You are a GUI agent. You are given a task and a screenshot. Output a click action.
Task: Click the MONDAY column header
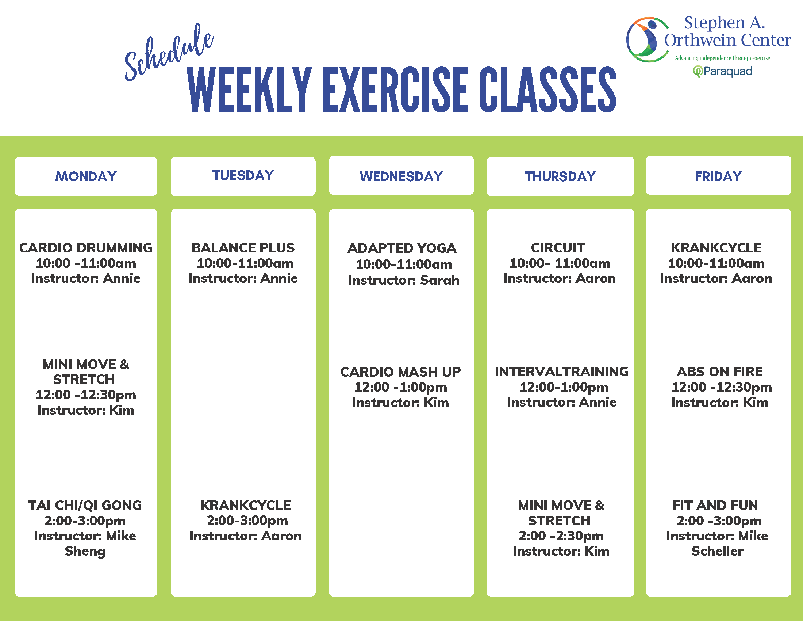pyautogui.click(x=86, y=176)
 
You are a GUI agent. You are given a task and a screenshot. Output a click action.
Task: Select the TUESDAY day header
pyautogui.click(x=243, y=175)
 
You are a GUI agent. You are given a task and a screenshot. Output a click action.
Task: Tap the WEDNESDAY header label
pyautogui.click(x=401, y=176)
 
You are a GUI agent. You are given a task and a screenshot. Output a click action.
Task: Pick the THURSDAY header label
pyautogui.click(x=560, y=176)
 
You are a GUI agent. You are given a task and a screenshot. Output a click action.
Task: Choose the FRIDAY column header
pyautogui.click(x=718, y=176)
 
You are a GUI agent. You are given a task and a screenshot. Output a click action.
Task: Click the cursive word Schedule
pyautogui.click(x=169, y=53)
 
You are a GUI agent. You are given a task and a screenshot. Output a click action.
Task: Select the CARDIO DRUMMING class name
pyautogui.click(x=86, y=248)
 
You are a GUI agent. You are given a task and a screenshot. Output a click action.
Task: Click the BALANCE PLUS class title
pyautogui.click(x=243, y=248)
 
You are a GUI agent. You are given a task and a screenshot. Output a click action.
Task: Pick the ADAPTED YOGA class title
pyautogui.click(x=402, y=248)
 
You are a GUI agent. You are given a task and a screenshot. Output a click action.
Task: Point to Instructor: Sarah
pyautogui.click(x=404, y=280)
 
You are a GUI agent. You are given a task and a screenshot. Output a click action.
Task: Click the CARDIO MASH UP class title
pyautogui.click(x=400, y=372)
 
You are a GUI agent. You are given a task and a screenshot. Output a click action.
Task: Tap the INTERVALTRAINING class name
pyautogui.click(x=561, y=372)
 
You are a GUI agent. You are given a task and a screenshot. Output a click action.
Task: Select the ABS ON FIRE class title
pyautogui.click(x=719, y=372)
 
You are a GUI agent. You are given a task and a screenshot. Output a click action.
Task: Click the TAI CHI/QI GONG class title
pyautogui.click(x=85, y=506)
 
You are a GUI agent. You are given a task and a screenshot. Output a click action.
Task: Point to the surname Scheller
pyautogui.click(x=717, y=551)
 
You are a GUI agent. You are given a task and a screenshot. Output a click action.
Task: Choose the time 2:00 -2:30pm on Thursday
pyautogui.click(x=561, y=536)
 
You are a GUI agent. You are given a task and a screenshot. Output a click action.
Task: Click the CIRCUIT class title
pyautogui.click(x=558, y=248)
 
